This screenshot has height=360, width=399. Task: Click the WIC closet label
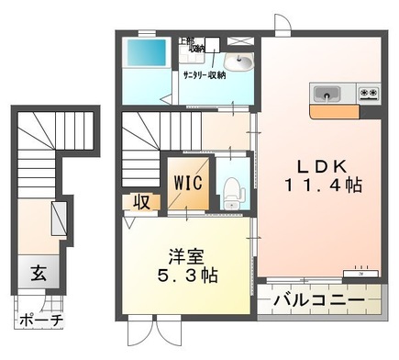click(189, 180)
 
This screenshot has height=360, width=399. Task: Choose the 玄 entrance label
click(39, 274)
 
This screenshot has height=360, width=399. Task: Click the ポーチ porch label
click(39, 321)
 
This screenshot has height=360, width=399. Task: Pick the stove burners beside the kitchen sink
click(369, 93)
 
